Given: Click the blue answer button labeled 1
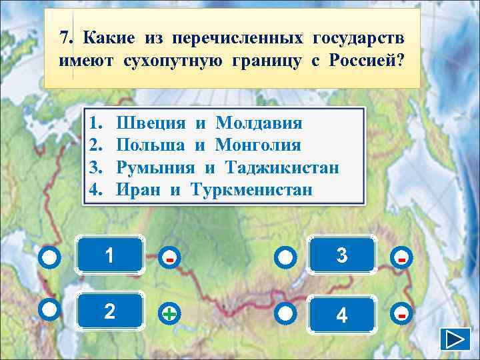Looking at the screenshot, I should (x=110, y=254).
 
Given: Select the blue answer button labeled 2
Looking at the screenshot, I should (x=110, y=311).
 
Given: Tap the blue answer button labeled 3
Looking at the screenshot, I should (x=342, y=254).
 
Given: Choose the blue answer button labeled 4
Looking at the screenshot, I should (x=342, y=313).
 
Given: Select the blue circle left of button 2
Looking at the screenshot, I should (x=51, y=309).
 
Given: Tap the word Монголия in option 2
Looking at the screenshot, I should (x=258, y=145).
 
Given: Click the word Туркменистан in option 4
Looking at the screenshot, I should (x=251, y=189).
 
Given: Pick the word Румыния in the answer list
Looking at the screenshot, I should (x=156, y=167).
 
